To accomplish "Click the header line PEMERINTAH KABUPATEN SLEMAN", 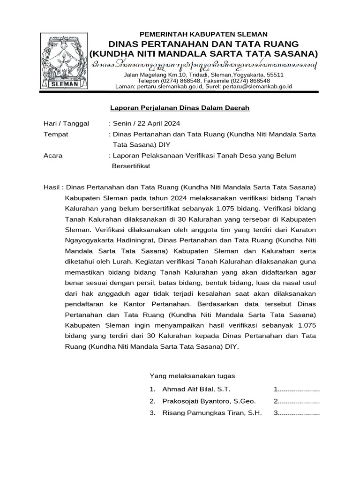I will (x=204, y=34).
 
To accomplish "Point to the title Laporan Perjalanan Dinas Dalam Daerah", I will (x=180, y=108).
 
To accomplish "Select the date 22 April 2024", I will (x=158, y=124).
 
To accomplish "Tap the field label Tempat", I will (x=55, y=134).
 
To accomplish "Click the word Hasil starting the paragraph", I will (x=52, y=187).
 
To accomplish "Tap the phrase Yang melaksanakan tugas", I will (x=192, y=376).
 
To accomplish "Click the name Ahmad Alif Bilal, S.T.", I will (x=196, y=390).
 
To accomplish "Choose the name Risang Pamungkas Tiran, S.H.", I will (x=212, y=413).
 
